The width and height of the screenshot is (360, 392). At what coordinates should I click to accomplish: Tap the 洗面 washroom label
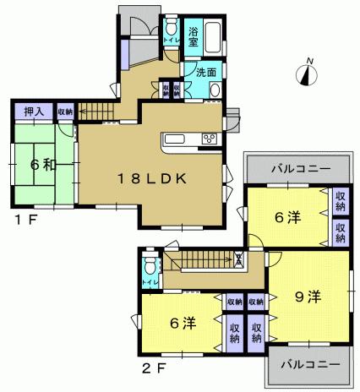pyautogui.click(x=206, y=73)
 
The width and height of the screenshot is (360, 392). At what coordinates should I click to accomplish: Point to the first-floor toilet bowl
pyautogui.click(x=172, y=24)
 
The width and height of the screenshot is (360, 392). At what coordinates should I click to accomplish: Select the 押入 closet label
pyautogui.click(x=33, y=110)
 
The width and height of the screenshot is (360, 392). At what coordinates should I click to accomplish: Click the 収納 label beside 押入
pyautogui.click(x=65, y=111)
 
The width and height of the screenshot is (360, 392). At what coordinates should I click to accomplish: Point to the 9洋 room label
pyautogui.click(x=307, y=297)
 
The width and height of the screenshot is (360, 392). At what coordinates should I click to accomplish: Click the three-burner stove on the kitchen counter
pyautogui.click(x=208, y=139)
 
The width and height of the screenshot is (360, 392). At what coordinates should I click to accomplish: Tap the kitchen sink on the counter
pyautogui.click(x=179, y=140)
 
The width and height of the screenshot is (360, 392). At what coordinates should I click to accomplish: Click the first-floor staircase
pyautogui.click(x=98, y=110)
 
